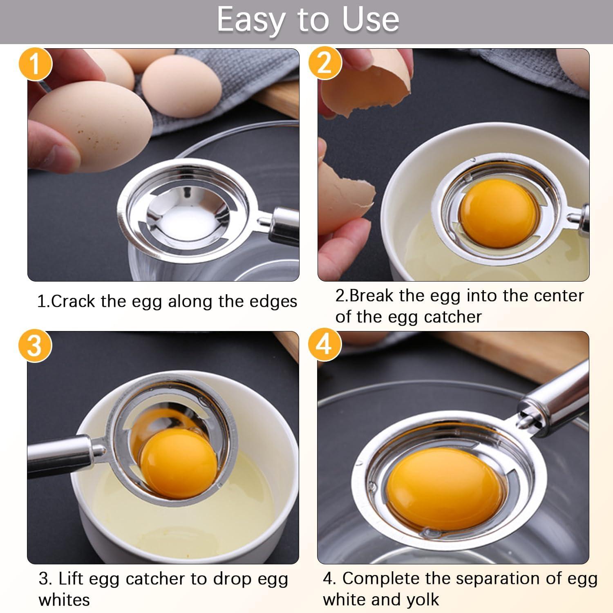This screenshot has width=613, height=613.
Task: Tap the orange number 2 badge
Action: [324, 63]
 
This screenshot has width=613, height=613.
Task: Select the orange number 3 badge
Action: [35, 346]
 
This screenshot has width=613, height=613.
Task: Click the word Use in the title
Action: [370, 19]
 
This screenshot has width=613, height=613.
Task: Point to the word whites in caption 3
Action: [64, 600]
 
